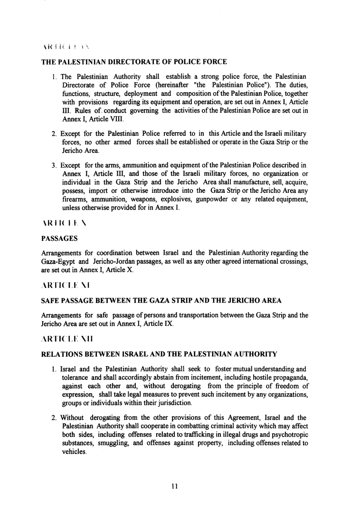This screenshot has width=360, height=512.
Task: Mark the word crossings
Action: (292, 261)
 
